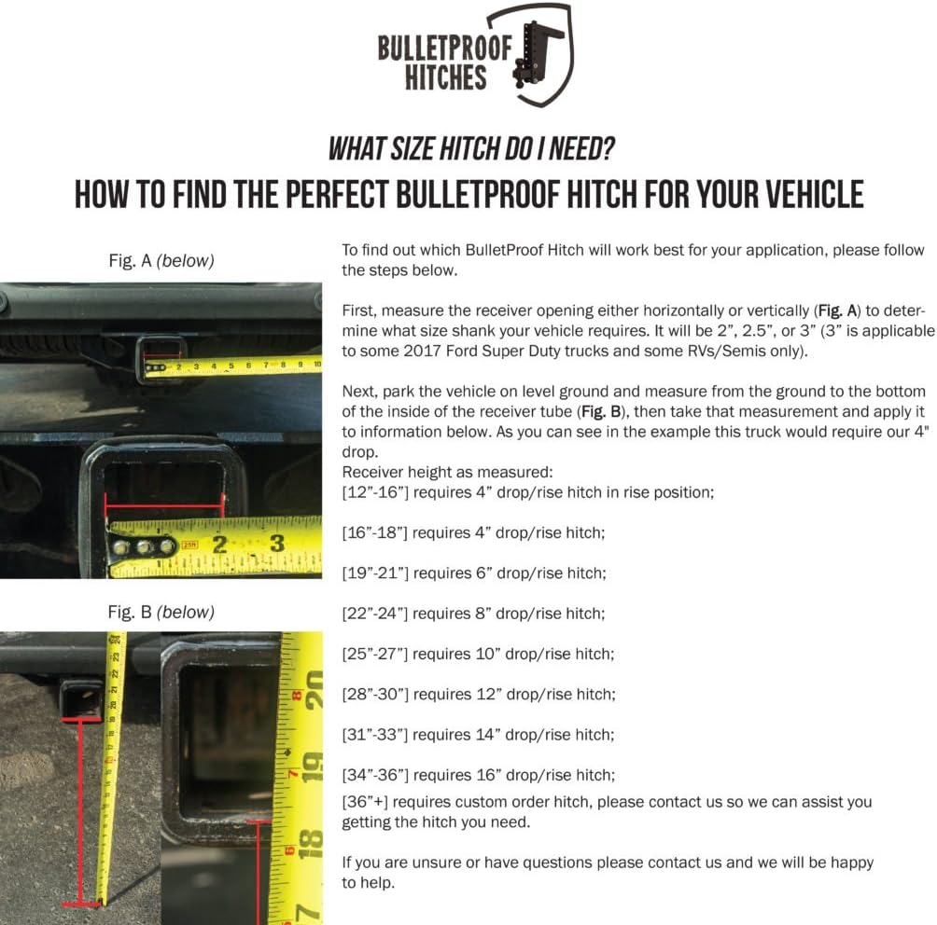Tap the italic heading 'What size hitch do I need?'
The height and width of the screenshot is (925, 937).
point(470,149)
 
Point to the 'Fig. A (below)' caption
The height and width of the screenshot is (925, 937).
point(161,261)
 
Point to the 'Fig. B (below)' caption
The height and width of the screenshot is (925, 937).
point(161,613)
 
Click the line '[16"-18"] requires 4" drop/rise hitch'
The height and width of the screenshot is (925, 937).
point(473,532)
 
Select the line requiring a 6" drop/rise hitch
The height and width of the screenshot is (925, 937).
point(473,573)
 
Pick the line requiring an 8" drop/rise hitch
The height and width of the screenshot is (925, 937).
point(473,614)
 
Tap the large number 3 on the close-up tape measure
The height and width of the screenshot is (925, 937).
point(277,543)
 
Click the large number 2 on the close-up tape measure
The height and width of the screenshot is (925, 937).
point(220,543)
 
